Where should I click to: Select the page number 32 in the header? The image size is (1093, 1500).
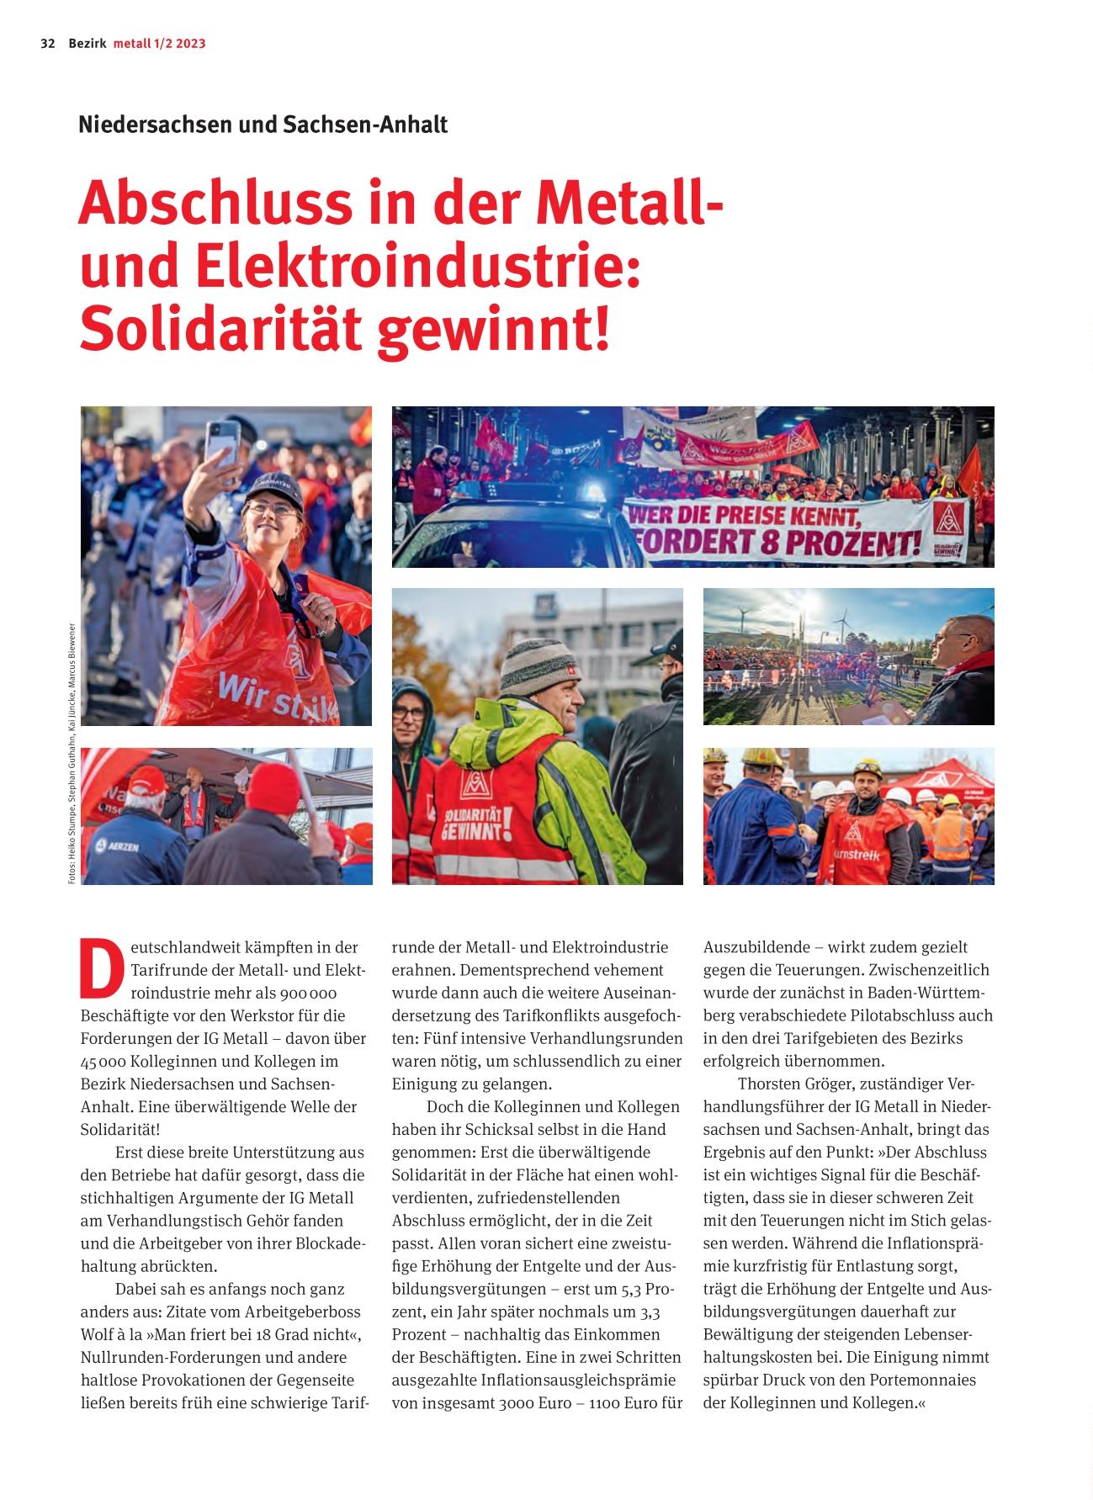(x=47, y=44)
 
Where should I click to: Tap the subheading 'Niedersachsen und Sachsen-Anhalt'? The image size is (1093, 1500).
(x=263, y=125)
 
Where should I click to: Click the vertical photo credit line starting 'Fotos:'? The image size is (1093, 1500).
(x=73, y=753)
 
